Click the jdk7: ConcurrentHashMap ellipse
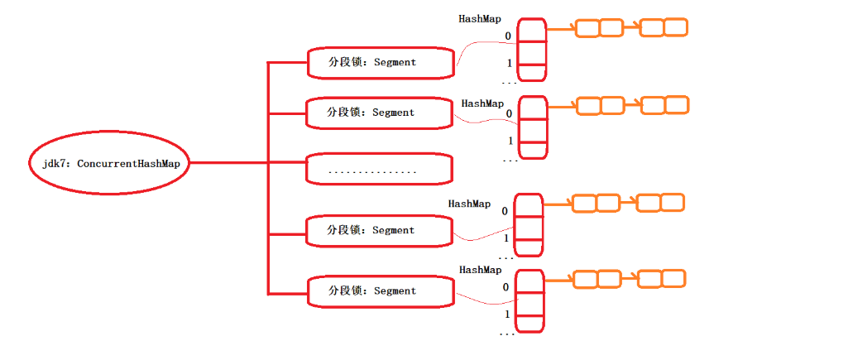click(x=111, y=164)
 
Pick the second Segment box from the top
click(x=380, y=113)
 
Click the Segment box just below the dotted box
click(x=380, y=230)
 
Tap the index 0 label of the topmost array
click(x=509, y=36)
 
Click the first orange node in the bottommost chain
click(x=586, y=280)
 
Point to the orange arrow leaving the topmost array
click(x=560, y=29)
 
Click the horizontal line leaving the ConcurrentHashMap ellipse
click(x=228, y=163)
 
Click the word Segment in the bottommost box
click(x=395, y=291)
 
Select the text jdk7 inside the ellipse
click(x=55, y=164)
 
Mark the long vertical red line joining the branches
click(x=267, y=177)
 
